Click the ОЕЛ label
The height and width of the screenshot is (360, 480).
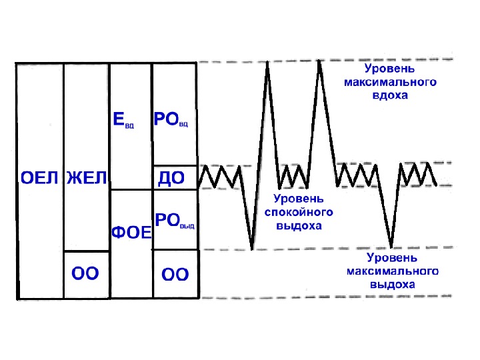click(x=40, y=179)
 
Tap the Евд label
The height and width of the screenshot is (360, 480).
click(x=123, y=121)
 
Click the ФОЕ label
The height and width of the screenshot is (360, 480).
click(x=131, y=233)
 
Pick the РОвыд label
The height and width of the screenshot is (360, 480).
click(x=175, y=220)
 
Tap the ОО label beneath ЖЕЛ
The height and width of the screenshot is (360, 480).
click(x=85, y=273)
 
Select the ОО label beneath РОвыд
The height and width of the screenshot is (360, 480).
click(x=175, y=274)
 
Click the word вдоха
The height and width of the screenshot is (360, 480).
click(x=390, y=95)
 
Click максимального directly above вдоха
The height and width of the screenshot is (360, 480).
click(x=390, y=82)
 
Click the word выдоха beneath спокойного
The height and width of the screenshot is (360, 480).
click(x=299, y=225)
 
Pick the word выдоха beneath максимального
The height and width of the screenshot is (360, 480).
click(x=392, y=284)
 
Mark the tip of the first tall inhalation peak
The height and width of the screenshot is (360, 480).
click(x=268, y=63)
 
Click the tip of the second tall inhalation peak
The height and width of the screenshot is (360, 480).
click(x=320, y=62)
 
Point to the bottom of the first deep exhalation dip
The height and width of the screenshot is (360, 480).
click(x=252, y=249)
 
